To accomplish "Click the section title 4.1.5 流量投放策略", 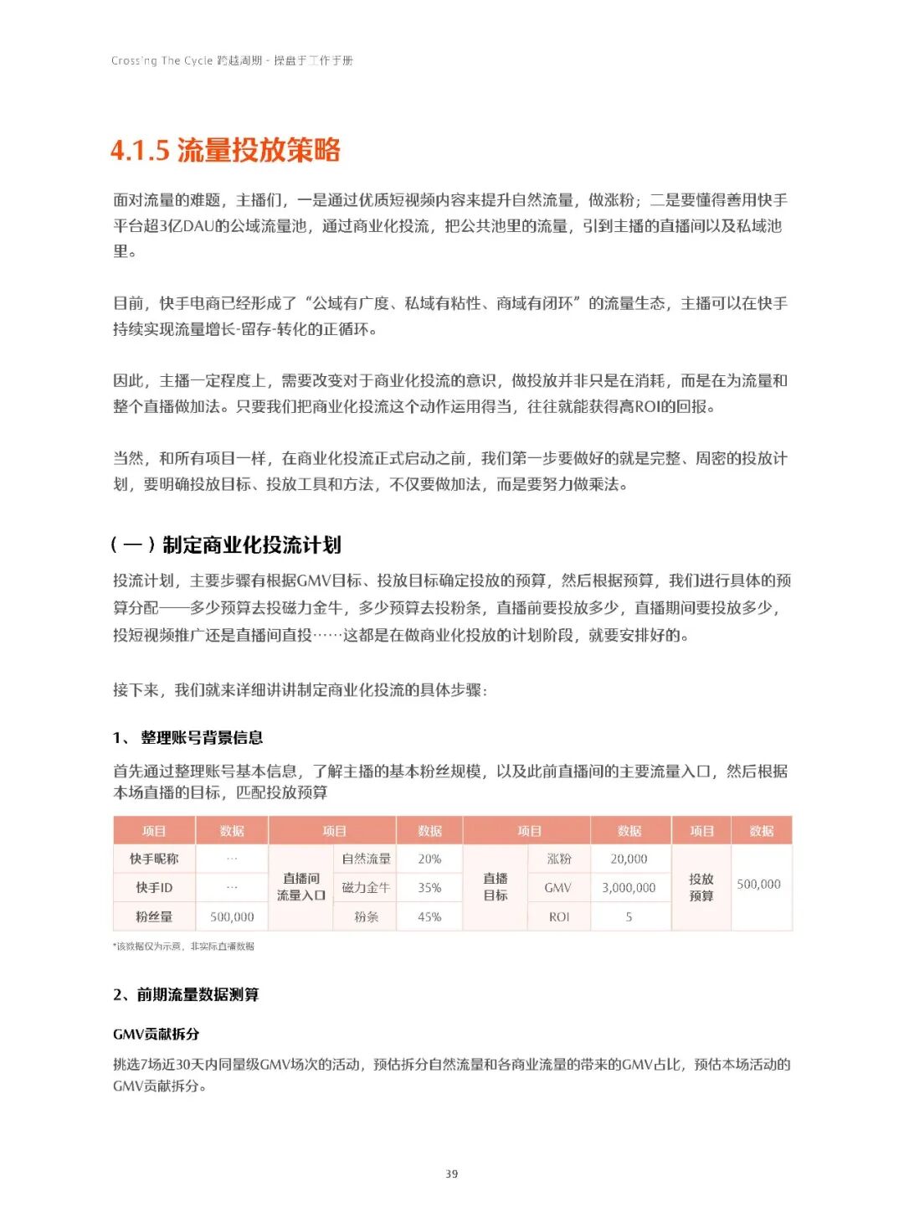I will click(x=225, y=151).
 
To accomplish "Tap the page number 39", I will click(x=451, y=1174).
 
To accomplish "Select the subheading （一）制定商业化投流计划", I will click(x=225, y=545).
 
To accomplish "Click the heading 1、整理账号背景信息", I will click(x=188, y=737).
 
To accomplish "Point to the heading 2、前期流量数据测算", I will click(x=186, y=994).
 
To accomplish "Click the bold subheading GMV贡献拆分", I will click(x=157, y=1034).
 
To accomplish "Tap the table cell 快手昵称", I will click(x=154, y=859).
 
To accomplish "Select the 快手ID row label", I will click(x=154, y=888).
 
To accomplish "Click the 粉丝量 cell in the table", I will click(x=154, y=917).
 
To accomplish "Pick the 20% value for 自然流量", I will click(x=429, y=859).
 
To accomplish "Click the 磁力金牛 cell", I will click(x=366, y=888).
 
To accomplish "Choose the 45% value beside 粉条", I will click(x=429, y=917).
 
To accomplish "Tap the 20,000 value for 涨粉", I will click(x=629, y=859).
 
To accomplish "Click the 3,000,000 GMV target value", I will click(x=629, y=888).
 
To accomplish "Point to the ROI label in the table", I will click(x=558, y=917).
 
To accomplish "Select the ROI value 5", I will click(x=629, y=917).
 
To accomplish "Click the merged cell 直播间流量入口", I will click(x=301, y=887).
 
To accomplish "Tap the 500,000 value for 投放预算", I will click(x=758, y=885).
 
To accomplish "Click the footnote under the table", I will click(x=184, y=947).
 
